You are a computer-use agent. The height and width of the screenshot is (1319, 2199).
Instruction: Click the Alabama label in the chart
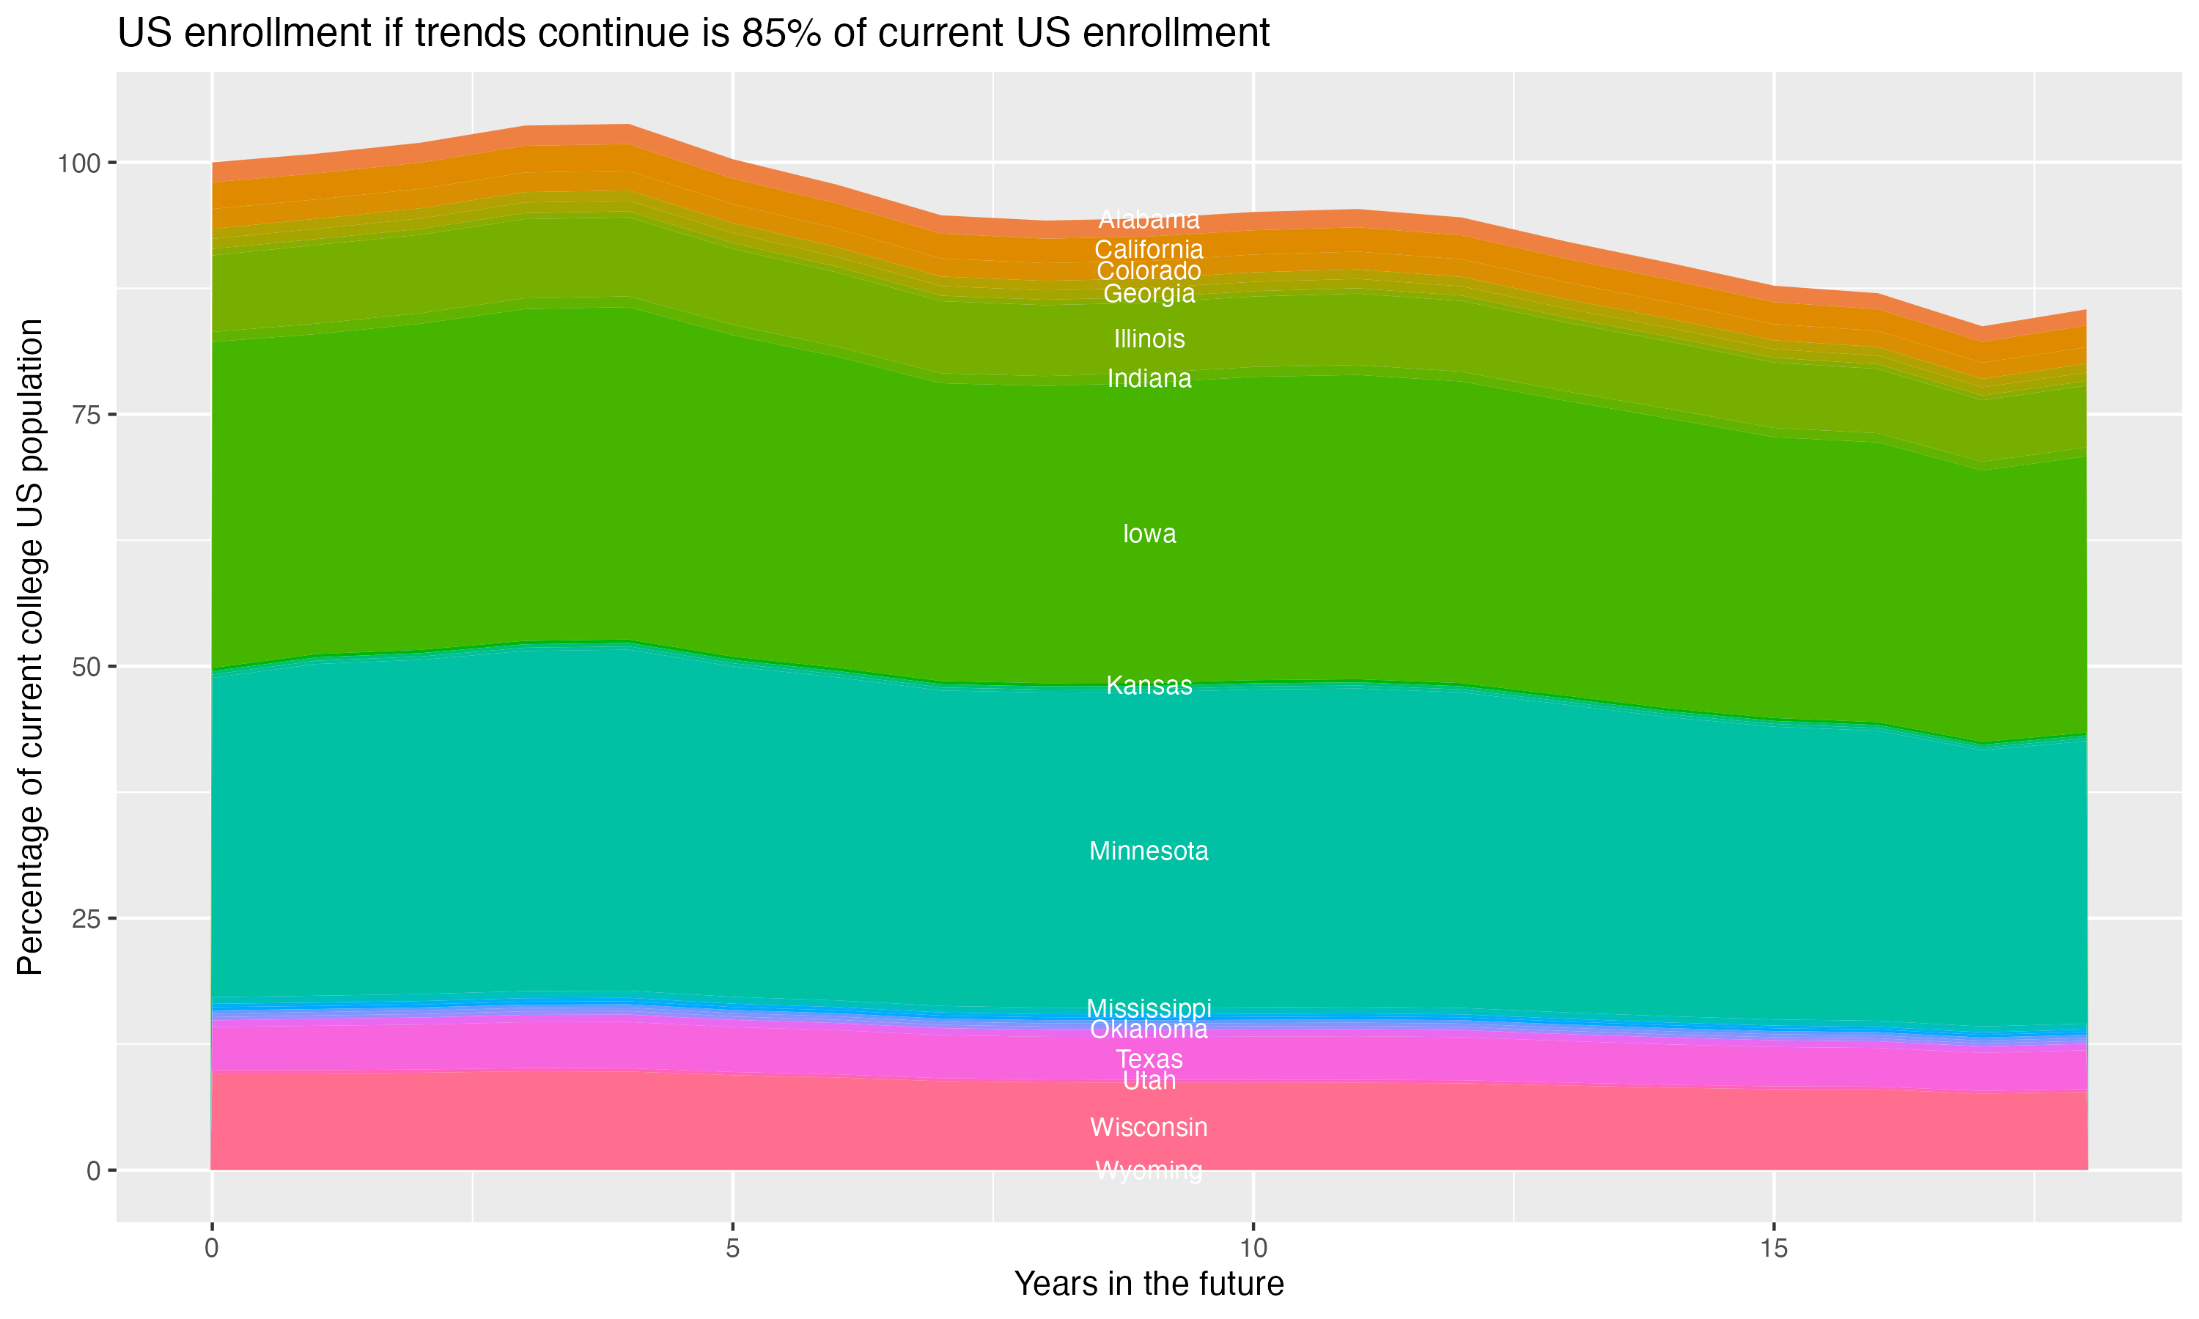1149,220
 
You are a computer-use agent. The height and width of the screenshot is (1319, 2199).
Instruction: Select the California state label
1149,250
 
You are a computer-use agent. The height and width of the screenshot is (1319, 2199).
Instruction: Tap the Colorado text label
1149,271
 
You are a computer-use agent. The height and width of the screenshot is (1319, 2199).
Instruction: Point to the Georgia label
1149,293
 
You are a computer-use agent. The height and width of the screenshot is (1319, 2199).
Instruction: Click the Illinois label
1149,339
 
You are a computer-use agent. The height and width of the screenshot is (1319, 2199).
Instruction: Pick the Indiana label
1149,379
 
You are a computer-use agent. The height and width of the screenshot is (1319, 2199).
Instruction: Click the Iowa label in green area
1149,533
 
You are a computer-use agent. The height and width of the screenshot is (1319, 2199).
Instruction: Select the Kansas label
1149,685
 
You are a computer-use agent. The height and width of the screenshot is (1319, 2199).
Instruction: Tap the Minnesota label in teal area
1149,851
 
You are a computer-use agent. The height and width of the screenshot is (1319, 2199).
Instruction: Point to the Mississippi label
1149,1008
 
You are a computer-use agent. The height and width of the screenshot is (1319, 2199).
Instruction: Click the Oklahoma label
1149,1030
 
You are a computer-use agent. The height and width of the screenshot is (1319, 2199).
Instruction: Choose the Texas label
1149,1059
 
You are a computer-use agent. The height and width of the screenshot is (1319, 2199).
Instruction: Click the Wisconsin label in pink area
1149,1127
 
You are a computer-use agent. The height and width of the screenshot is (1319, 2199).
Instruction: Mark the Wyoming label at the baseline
1149,1170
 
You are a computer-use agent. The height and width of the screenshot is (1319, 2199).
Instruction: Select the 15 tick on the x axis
1773,1249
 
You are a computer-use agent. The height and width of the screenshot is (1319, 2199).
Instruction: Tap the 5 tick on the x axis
732,1249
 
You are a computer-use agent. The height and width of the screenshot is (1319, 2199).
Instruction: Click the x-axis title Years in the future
1149,1283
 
